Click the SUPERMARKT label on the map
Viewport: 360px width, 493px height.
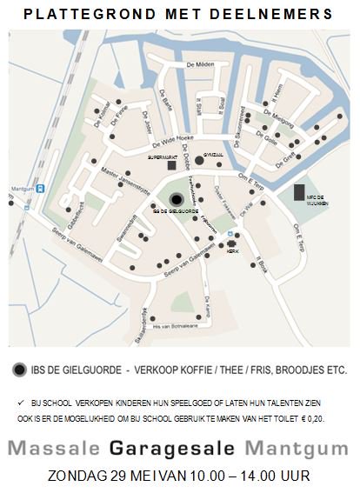click(x=161, y=157)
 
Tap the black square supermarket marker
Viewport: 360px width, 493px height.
click(x=172, y=164)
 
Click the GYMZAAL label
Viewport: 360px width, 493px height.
click(x=213, y=153)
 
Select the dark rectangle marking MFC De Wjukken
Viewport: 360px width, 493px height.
click(x=299, y=193)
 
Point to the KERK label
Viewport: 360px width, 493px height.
click(x=232, y=250)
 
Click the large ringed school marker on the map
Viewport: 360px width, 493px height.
click(x=177, y=199)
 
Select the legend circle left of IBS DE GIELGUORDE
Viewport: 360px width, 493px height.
click(x=20, y=369)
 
